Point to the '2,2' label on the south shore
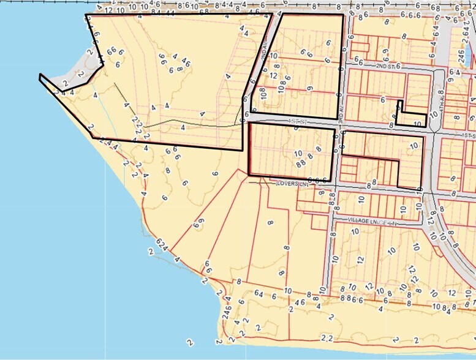click(x=327, y=338)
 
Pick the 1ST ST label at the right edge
click(x=469, y=134)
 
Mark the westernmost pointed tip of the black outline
click(x=40, y=76)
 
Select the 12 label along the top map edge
click(x=108, y=10)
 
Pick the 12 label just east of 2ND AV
click(x=273, y=76)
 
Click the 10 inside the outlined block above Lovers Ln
click(x=298, y=154)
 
